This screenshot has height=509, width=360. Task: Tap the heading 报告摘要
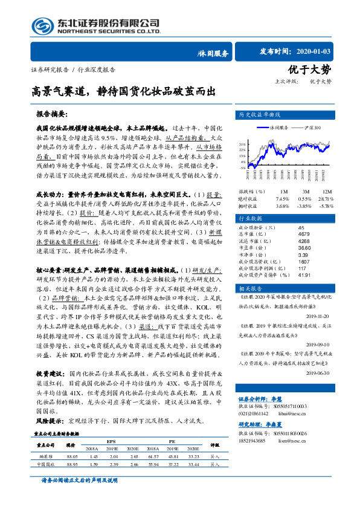point(52,113)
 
